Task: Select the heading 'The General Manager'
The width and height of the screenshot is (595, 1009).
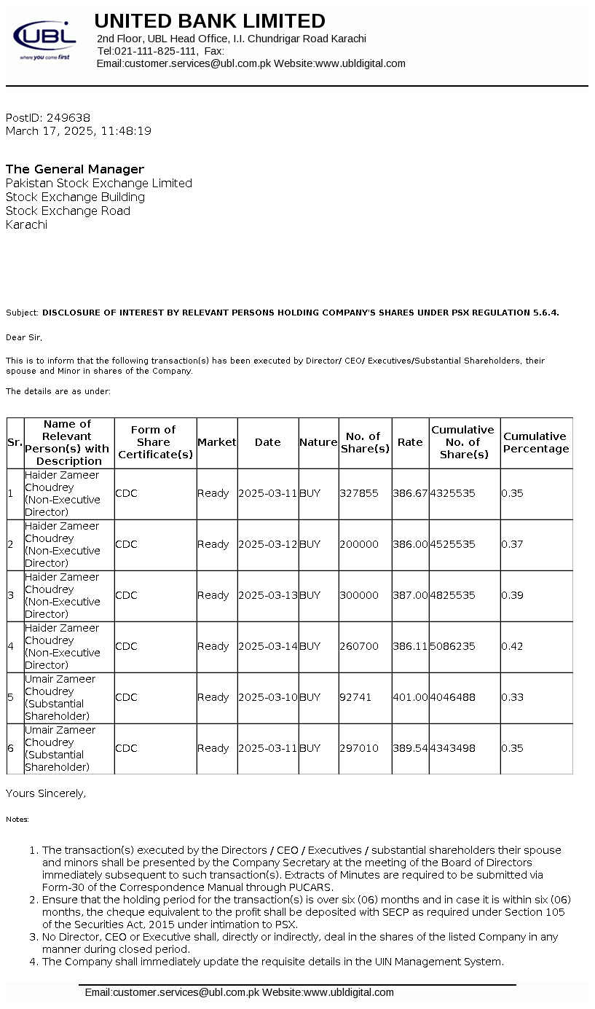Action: [x=75, y=169]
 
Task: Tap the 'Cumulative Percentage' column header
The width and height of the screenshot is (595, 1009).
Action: [x=536, y=442]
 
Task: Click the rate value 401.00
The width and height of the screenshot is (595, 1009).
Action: [x=410, y=697]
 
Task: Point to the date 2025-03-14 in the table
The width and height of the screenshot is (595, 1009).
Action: [x=267, y=646]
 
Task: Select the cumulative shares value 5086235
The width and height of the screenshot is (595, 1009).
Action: [x=452, y=646]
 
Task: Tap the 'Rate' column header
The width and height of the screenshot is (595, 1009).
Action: [x=410, y=442]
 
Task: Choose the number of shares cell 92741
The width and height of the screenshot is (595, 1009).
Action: [x=355, y=697]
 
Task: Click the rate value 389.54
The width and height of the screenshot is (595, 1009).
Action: [x=410, y=748]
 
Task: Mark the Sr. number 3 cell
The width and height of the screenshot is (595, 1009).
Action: [x=11, y=595]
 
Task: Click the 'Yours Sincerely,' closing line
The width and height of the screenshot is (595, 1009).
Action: [x=46, y=793]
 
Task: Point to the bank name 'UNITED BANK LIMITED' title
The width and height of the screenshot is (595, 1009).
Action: [x=210, y=20]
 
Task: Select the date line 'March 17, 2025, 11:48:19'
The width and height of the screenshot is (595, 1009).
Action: [x=79, y=131]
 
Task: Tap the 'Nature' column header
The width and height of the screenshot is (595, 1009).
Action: [x=318, y=442]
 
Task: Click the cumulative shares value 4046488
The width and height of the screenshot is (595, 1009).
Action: [x=452, y=697]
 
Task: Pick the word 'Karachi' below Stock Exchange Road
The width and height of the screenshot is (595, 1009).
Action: [x=27, y=224]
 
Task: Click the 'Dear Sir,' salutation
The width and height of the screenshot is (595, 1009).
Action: [x=24, y=337]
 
